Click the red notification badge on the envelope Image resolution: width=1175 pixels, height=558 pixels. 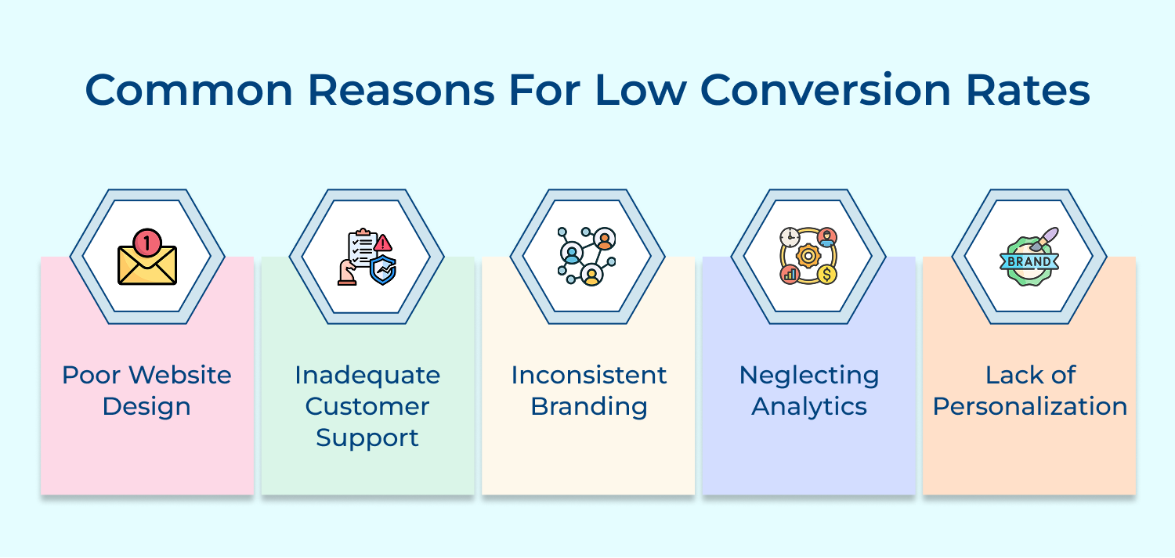pyautogui.click(x=146, y=242)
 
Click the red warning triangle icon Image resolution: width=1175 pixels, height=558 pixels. pyautogui.click(x=383, y=243)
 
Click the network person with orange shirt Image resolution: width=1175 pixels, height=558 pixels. pyautogui.click(x=604, y=239)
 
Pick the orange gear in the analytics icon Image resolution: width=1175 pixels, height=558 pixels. pyautogui.click(x=808, y=256)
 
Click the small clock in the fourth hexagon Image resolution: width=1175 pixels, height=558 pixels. pyautogui.click(x=790, y=237)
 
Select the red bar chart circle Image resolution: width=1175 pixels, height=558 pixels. pyautogui.click(x=790, y=274)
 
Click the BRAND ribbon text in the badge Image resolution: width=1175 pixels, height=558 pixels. pyautogui.click(x=1029, y=262)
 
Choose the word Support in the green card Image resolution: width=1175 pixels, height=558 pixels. pyautogui.click(x=367, y=437)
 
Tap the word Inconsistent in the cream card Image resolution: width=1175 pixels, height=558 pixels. pyautogui.click(x=589, y=375)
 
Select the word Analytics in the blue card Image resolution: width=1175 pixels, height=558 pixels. pyautogui.click(x=809, y=407)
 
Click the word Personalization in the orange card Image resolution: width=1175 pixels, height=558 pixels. pyautogui.click(x=1029, y=407)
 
